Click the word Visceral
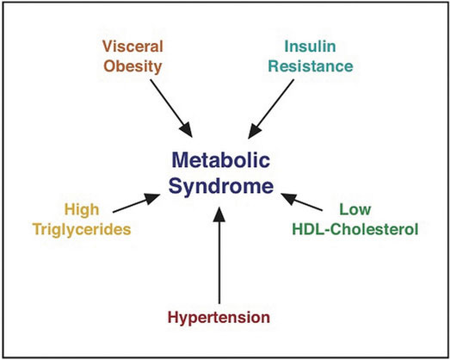(133, 47)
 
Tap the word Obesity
(133, 66)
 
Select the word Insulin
(310, 47)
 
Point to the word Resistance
(311, 66)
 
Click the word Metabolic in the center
(220, 159)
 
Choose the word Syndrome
(220, 186)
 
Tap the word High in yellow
(82, 210)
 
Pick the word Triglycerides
(82, 230)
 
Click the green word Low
(355, 209)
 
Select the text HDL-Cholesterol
(355, 229)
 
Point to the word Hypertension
(219, 318)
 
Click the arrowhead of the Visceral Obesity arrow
(187, 129)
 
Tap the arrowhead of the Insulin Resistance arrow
(254, 131)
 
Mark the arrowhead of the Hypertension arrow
(219, 214)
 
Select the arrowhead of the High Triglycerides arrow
(152, 198)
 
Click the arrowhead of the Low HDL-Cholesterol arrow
(289, 198)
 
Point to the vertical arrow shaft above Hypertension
(219, 263)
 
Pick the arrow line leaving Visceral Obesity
(171, 108)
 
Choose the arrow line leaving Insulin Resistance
(271, 109)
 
